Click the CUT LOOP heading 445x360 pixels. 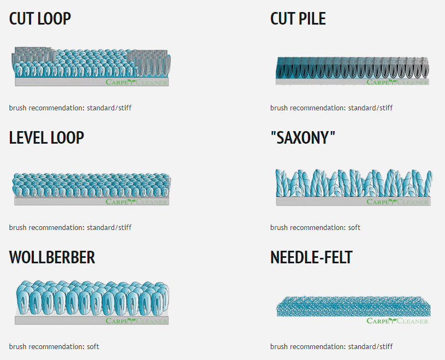click(x=40, y=19)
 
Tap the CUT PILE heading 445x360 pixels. click(x=298, y=19)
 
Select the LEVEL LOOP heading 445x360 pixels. click(x=46, y=138)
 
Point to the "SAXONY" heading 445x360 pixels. click(x=302, y=138)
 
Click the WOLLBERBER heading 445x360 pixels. click(x=52, y=257)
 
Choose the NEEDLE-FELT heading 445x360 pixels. click(x=311, y=257)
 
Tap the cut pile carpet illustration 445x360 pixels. click(x=352, y=69)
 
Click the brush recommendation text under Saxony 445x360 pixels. click(x=315, y=227)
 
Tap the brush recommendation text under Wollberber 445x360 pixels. click(x=54, y=346)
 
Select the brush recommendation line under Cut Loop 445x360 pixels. click(x=70, y=108)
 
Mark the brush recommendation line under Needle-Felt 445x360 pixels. click(x=331, y=346)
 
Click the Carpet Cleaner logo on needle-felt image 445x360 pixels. click(x=397, y=321)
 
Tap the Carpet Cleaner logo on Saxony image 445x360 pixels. click(x=397, y=202)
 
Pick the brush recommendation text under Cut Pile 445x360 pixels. click(x=331, y=108)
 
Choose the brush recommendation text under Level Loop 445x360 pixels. click(x=70, y=227)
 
